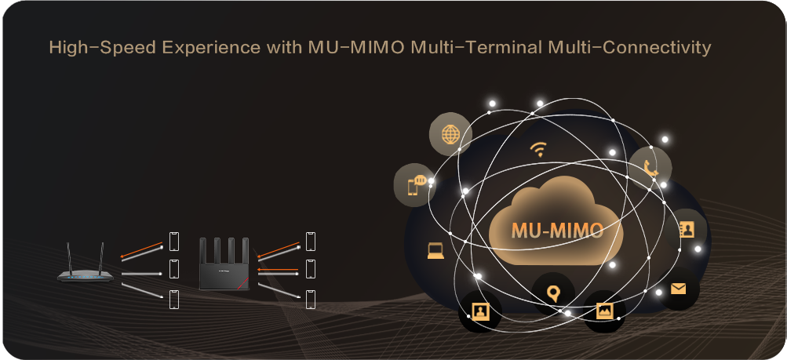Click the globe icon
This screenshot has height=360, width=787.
click(x=450, y=134)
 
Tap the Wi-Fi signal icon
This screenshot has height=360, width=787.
click(x=538, y=149)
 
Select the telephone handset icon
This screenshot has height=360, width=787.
click(x=650, y=168)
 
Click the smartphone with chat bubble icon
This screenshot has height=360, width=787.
click(x=416, y=185)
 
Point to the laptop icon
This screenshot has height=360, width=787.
click(x=435, y=251)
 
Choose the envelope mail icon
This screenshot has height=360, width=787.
click(x=678, y=289)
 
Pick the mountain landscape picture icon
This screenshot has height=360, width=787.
click(x=604, y=311)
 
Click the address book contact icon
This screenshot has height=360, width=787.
click(x=686, y=229)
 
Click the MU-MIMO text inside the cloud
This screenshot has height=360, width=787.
click(x=557, y=231)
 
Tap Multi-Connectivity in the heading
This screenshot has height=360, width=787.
click(x=629, y=48)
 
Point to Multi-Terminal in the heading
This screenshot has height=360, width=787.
click(x=476, y=48)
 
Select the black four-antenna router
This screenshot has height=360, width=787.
click(x=224, y=264)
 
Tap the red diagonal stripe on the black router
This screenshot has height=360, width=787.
click(x=243, y=283)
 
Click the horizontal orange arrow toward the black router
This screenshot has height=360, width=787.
click(x=278, y=270)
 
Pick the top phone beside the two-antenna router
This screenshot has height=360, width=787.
click(x=173, y=241)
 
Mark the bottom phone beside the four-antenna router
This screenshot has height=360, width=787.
click(x=311, y=300)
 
